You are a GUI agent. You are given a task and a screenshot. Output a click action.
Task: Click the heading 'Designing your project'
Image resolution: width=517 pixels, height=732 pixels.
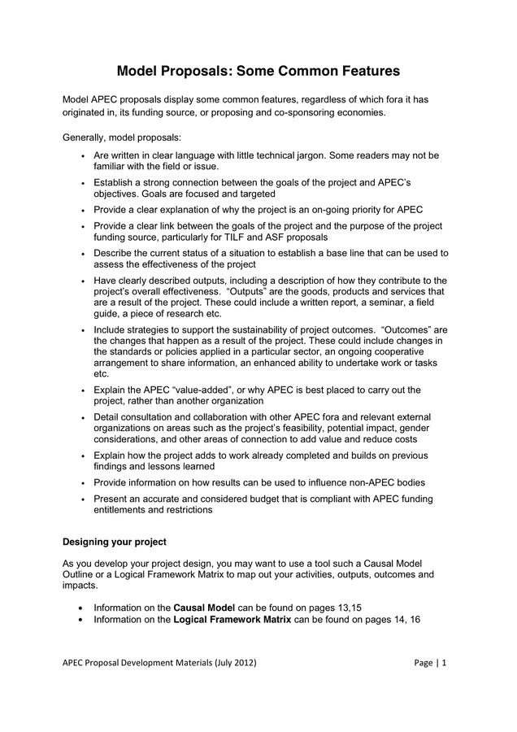115,541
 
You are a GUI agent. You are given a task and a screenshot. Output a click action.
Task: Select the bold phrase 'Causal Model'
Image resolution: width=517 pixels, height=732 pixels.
204,607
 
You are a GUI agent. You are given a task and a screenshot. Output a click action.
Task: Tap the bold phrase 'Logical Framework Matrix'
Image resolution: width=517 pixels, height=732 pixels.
232,619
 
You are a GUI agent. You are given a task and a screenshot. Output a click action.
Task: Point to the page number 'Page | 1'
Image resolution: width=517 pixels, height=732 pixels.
430,662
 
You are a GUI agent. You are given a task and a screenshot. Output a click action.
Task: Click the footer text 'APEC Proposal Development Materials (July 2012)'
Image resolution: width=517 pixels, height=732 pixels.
159,662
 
